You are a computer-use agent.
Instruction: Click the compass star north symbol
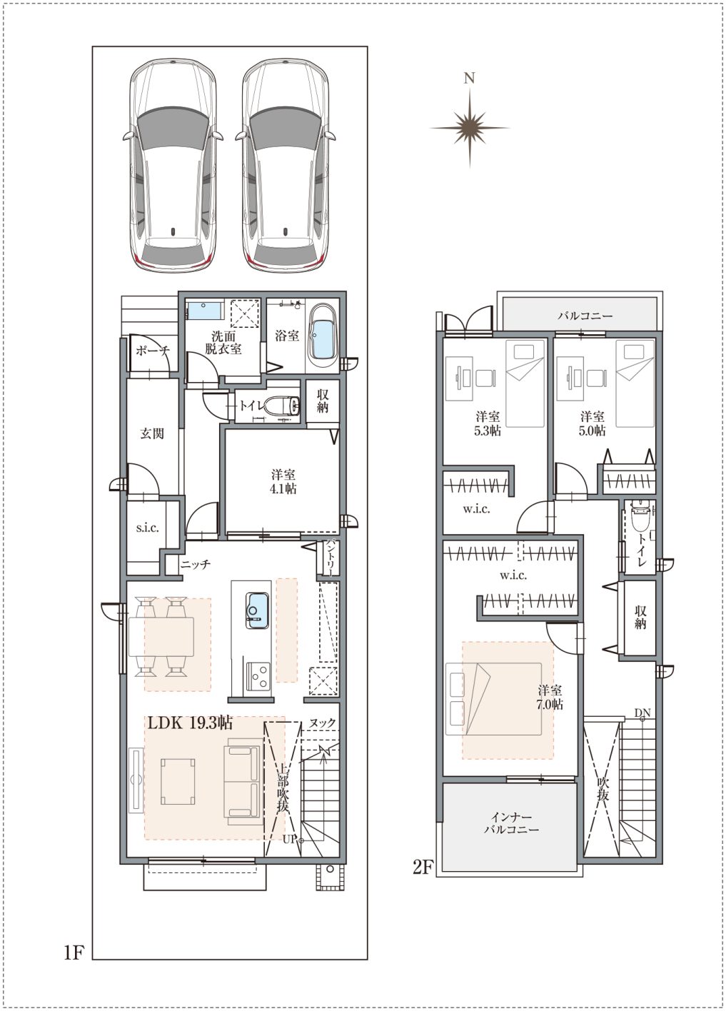pyautogui.click(x=470, y=128)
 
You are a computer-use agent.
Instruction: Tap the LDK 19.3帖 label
pyautogui.click(x=190, y=723)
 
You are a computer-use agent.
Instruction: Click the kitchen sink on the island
pyautogui.click(x=257, y=610)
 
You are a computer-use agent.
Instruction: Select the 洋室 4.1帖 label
pyautogui.click(x=284, y=481)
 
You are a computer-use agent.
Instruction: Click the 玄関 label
pyautogui.click(x=151, y=433)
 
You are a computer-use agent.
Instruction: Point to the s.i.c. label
pyautogui.click(x=148, y=528)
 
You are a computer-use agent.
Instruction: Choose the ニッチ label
pyautogui.click(x=196, y=564)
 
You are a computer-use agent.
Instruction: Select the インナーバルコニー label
pyautogui.click(x=511, y=823)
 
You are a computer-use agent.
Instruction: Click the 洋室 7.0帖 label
pyautogui.click(x=550, y=698)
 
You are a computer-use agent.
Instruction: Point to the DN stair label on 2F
pyautogui.click(x=642, y=713)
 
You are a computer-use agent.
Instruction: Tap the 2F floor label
pyautogui.click(x=423, y=867)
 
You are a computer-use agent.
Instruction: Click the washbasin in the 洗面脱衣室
pyautogui.click(x=206, y=311)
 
